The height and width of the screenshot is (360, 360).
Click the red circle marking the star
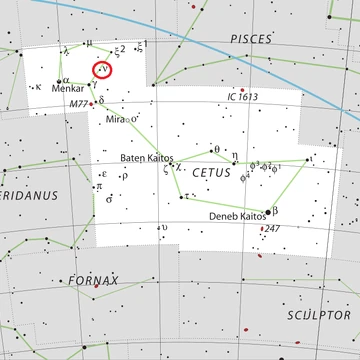coord(103,70)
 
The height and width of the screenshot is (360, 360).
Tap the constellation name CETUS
coord(210,171)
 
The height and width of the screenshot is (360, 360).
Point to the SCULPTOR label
coord(315,314)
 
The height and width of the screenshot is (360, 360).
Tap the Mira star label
coord(116,119)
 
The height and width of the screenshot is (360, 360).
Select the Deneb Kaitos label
coord(237,216)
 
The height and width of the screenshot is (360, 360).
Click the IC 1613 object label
coord(243,96)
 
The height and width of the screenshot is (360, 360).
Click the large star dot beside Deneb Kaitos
coord(268,211)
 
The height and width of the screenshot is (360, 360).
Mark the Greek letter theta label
coord(216,150)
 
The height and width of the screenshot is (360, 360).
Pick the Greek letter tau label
coord(187,195)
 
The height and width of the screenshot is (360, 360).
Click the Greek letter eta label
coord(235,155)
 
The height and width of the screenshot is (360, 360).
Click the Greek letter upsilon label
coord(164,227)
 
